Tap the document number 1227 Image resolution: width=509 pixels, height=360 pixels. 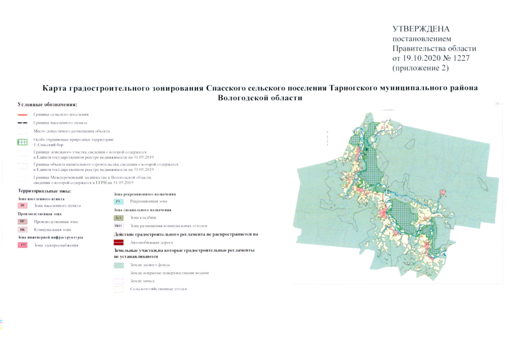tap(458, 58)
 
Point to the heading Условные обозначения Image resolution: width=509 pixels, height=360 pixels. tap(47, 105)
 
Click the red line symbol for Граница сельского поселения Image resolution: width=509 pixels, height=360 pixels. tap(23, 114)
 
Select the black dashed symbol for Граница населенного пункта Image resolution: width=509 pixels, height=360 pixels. tap(23, 122)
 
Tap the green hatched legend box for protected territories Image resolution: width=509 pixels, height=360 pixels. tap(23, 142)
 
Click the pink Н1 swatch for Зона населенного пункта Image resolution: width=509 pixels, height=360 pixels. tap(23, 206)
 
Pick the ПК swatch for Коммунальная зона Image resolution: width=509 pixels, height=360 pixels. tap(23, 229)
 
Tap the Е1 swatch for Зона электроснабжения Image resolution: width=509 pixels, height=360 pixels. tap(23, 245)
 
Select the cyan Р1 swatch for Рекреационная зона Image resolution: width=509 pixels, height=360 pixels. tap(118, 201)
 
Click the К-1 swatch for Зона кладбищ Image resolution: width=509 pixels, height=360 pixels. tap(118, 218)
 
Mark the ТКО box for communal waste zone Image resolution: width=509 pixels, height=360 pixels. tap(118, 226)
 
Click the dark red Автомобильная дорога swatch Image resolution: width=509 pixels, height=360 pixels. tap(118, 241)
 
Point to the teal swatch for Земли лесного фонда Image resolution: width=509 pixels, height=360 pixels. tap(118, 264)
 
